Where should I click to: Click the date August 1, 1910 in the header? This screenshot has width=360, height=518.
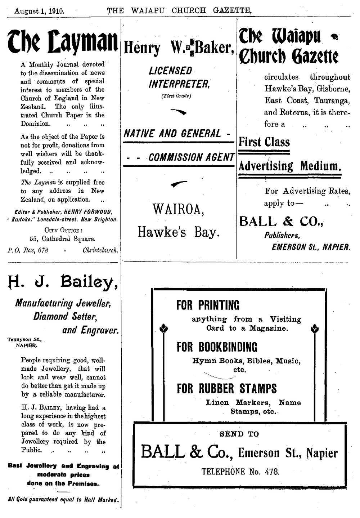pyautogui.click(x=39, y=11)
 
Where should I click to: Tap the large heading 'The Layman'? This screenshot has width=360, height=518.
pyautogui.click(x=63, y=44)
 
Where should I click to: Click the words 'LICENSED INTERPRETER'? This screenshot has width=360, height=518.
pyautogui.click(x=179, y=77)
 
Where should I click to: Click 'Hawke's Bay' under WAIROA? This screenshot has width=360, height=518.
pyautogui.click(x=179, y=232)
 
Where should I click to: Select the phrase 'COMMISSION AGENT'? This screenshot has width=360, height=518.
pyautogui.click(x=191, y=157)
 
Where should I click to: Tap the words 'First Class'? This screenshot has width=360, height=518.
pyautogui.click(x=264, y=142)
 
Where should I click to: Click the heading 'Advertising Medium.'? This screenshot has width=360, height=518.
pyautogui.click(x=290, y=166)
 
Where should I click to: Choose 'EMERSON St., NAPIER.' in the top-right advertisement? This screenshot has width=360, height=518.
pyautogui.click(x=311, y=247)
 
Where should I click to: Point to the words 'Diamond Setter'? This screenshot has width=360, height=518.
pyautogui.click(x=66, y=316)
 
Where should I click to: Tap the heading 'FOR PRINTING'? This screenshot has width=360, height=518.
pyautogui.click(x=208, y=305)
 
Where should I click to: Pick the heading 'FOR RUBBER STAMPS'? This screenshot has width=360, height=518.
pyautogui.click(x=227, y=389)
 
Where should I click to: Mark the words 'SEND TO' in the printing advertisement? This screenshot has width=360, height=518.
pyautogui.click(x=239, y=434)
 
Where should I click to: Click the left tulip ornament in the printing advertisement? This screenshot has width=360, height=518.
pyautogui.click(x=164, y=328)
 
